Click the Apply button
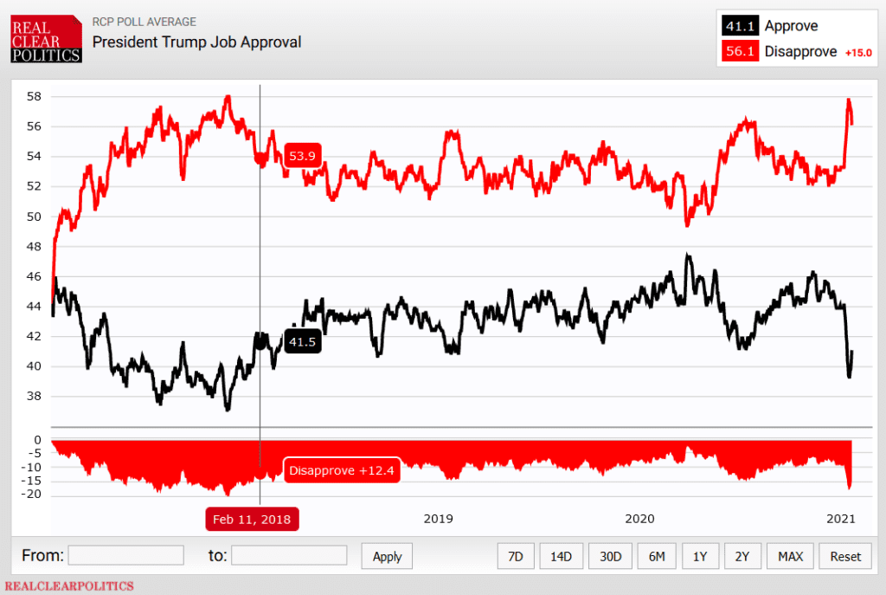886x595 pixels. point(387,556)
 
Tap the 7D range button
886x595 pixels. point(516,556)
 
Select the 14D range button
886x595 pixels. point(562,556)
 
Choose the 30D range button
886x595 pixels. point(610,556)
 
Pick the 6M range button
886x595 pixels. point(657,556)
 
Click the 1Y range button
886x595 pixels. point(700,556)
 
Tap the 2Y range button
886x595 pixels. point(742,556)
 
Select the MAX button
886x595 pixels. point(790,556)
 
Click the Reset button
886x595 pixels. point(844,556)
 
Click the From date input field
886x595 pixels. point(125,555)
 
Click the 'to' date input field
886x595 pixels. point(289,555)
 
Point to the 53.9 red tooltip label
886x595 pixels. point(303,156)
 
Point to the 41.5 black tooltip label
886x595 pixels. point(303,342)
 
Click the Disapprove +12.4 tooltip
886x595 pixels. point(342,470)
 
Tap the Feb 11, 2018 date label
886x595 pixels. point(252,519)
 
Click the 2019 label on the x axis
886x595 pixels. point(439,519)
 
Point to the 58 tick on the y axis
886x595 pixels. point(33,96)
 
